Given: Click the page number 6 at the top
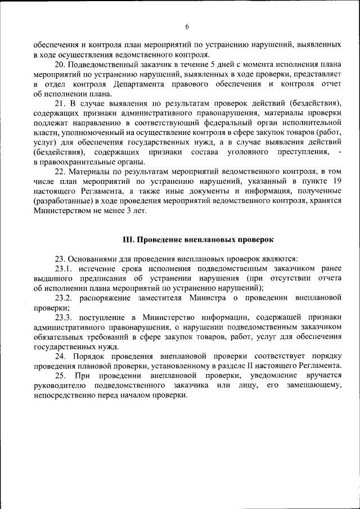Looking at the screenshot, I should click(187, 26).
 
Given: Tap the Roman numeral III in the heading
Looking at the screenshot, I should click(128, 240).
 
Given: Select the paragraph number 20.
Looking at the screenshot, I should click(60, 65).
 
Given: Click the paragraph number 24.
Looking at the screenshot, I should click(60, 356).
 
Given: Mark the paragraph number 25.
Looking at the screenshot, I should click(60, 375).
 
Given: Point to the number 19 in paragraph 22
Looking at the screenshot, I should click(336, 181).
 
